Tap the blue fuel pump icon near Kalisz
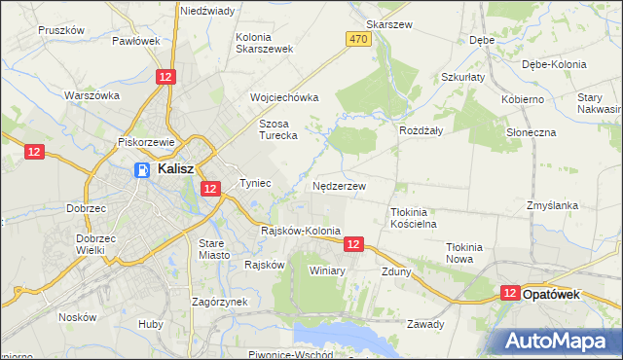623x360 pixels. pyautogui.click(x=141, y=170)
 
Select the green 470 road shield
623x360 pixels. pyautogui.click(x=358, y=38)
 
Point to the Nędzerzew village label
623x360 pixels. pyautogui.click(x=340, y=185)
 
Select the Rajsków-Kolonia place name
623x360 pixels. pyautogui.click(x=301, y=231)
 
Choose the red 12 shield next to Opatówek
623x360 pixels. pyautogui.click(x=510, y=292)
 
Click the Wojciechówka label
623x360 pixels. pyautogui.click(x=284, y=98)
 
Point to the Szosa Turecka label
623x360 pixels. pyautogui.click(x=277, y=129)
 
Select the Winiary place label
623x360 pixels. pyautogui.click(x=328, y=270)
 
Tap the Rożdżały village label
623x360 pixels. pyautogui.click(x=421, y=128)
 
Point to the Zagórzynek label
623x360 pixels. pyautogui.click(x=220, y=302)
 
